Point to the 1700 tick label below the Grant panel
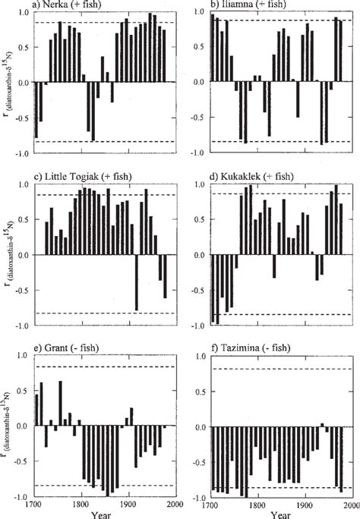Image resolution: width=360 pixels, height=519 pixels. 34,504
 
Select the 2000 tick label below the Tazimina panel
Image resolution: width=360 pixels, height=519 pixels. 350,504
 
